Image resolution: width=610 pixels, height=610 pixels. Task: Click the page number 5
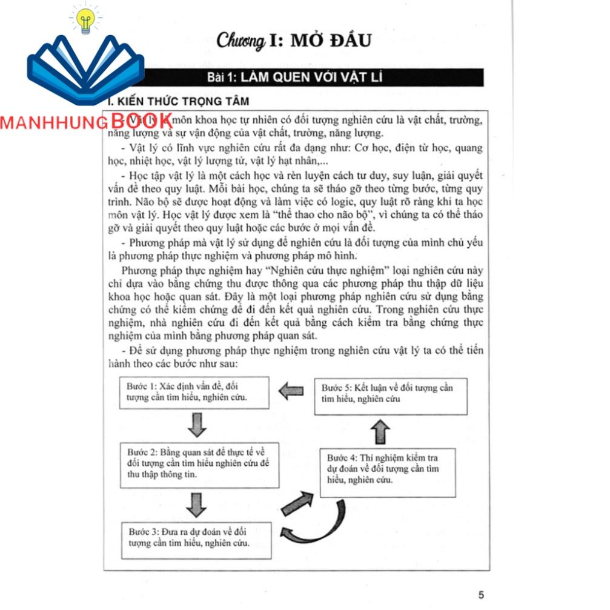pos(481,594)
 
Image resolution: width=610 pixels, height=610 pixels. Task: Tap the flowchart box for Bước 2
pos(200,465)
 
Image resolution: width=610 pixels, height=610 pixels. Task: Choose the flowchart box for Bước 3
pos(196,538)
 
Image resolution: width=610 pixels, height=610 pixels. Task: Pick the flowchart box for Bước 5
pos(390,394)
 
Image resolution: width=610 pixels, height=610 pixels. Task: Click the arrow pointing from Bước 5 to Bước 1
pos(291,392)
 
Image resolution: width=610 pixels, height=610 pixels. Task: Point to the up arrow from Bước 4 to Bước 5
pos(379,431)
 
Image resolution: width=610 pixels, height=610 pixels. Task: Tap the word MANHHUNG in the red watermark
pos(55,123)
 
